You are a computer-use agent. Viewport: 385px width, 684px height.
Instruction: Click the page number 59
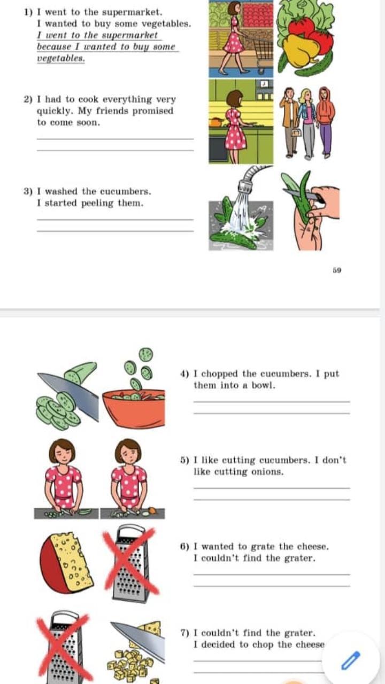pyautogui.click(x=337, y=270)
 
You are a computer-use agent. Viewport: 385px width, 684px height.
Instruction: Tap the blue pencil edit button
pyautogui.click(x=350, y=660)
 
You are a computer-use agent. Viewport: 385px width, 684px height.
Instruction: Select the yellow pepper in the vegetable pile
pyautogui.click(x=298, y=51)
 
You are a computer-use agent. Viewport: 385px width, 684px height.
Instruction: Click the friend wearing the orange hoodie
pyautogui.click(x=326, y=122)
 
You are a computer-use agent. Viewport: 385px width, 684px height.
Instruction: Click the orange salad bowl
pyautogui.click(x=134, y=408)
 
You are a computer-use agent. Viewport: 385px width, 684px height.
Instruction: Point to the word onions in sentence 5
pyautogui.click(x=267, y=472)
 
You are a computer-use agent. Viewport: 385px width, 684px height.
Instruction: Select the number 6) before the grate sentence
pyautogui.click(x=184, y=547)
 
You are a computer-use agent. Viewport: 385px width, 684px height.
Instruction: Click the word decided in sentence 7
pyautogui.click(x=219, y=644)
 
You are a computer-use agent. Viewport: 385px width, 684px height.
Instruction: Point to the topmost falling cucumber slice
pyautogui.click(x=146, y=354)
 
